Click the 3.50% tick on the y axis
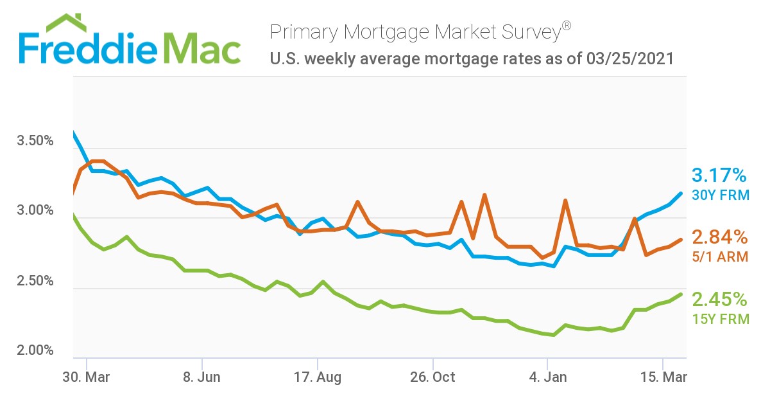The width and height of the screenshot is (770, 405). click(x=35, y=141)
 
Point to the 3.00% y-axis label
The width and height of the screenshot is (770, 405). click(x=35, y=212)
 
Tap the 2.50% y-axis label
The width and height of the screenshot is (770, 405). click(x=35, y=282)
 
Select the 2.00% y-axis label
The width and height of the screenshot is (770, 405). click(x=35, y=351)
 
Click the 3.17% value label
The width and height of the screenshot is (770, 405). click(x=719, y=175)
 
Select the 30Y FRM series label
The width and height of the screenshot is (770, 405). click(x=720, y=194)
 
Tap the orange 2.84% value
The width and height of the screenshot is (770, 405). click(x=719, y=237)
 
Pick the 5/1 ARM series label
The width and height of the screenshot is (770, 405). click(x=719, y=256)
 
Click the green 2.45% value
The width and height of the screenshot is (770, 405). click(x=719, y=299)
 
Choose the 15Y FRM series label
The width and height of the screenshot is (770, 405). click(x=720, y=318)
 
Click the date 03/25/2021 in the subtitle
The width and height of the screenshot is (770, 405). click(x=629, y=59)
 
